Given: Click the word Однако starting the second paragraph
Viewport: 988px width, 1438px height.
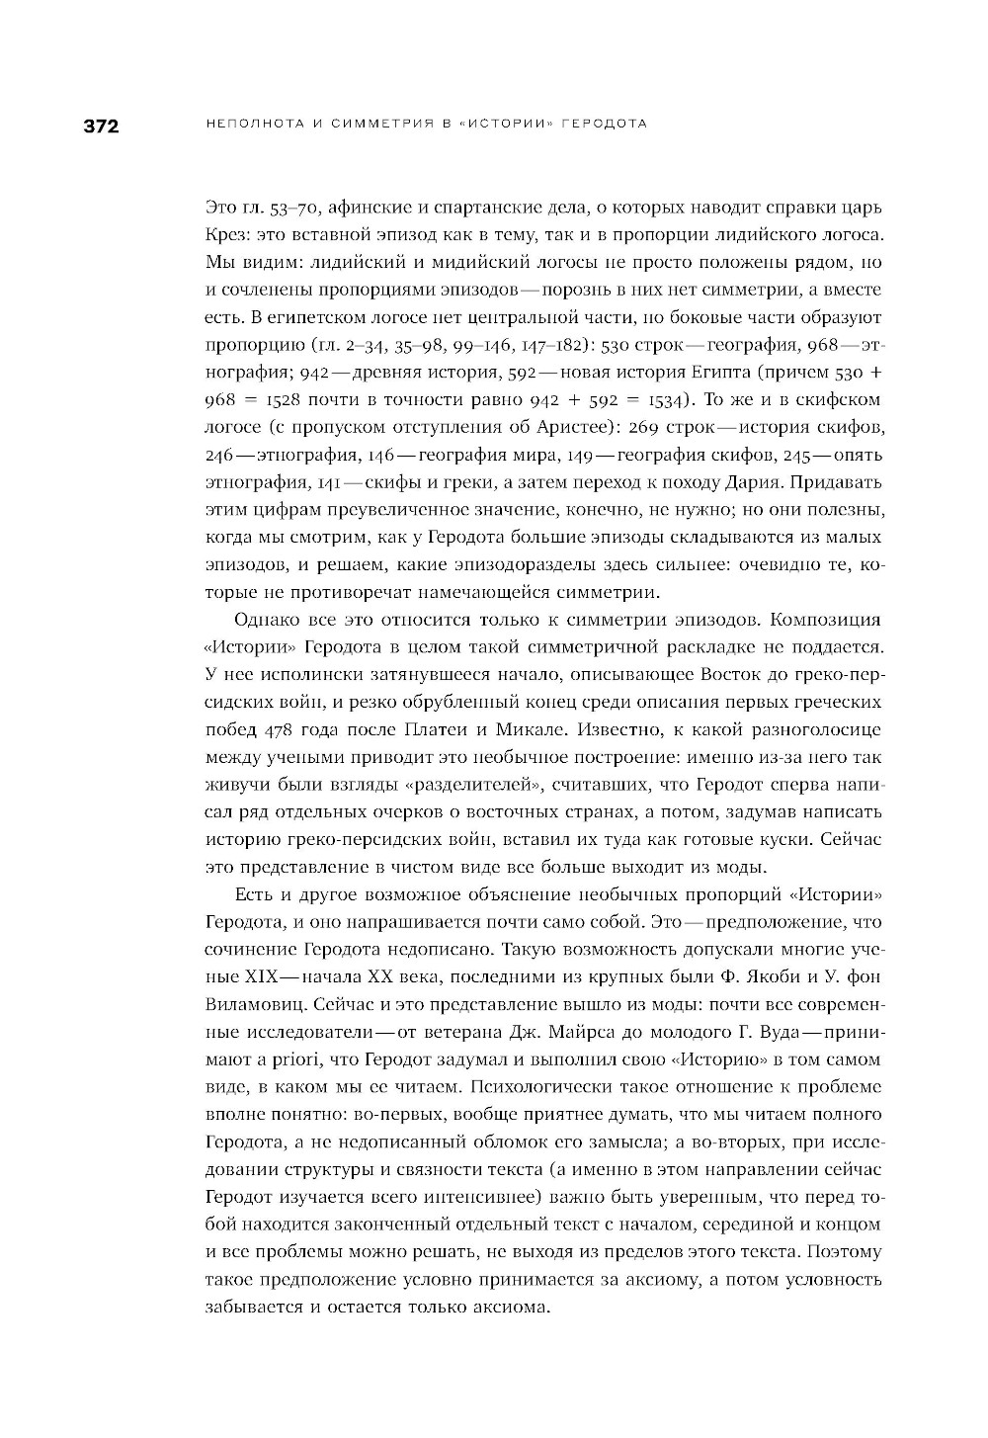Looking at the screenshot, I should click(x=267, y=620).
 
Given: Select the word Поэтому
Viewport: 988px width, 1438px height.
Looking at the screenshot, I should click(x=844, y=1251).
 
